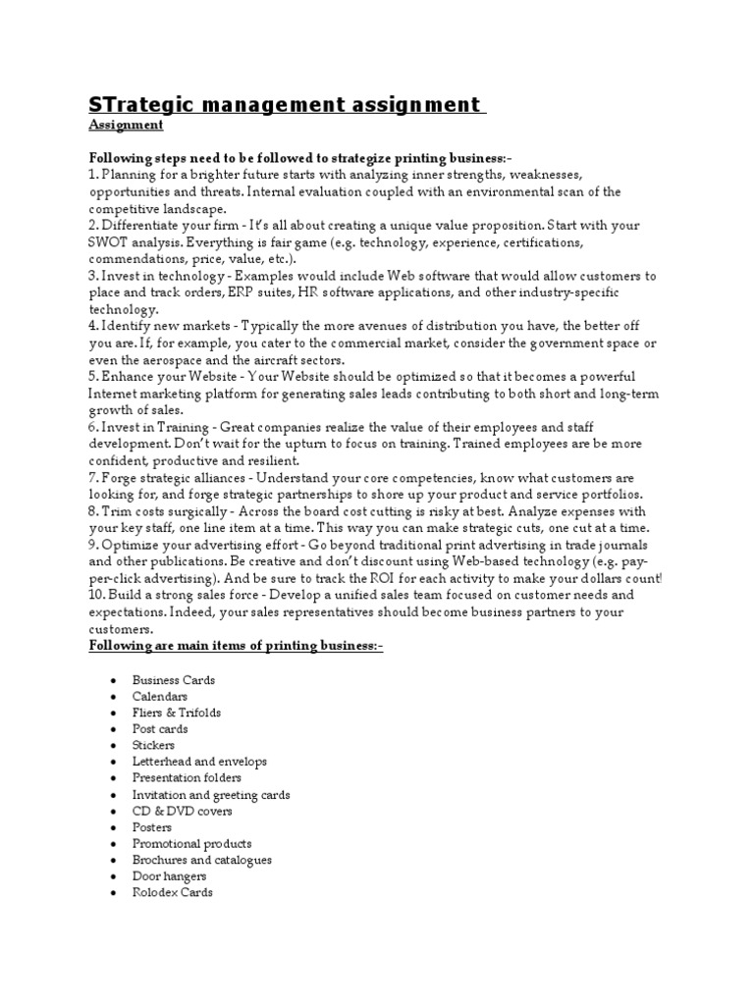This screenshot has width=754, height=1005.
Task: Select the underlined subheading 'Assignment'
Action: [x=127, y=126]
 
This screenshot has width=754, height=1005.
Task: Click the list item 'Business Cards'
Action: [x=174, y=680]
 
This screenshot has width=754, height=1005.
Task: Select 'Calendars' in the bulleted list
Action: [x=161, y=696]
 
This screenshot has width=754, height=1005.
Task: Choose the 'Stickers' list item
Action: [x=154, y=745]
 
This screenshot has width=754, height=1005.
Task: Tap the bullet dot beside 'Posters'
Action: [x=115, y=827]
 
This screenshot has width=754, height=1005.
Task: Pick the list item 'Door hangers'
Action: [x=170, y=876]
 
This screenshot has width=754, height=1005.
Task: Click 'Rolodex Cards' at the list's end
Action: [x=173, y=892]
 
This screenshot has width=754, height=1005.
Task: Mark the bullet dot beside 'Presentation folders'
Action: [x=115, y=778]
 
